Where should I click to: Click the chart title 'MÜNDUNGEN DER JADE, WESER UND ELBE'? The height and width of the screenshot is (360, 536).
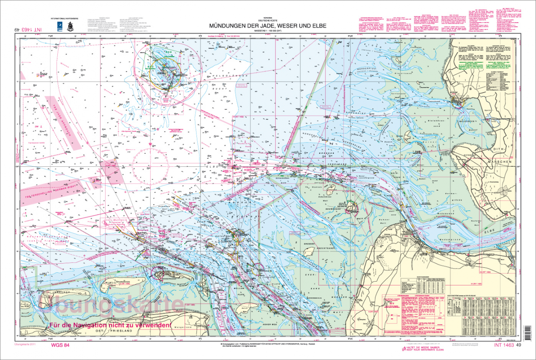point(268,25)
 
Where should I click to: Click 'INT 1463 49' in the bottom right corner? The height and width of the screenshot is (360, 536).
point(507,345)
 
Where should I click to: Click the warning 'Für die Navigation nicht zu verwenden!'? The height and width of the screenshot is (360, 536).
point(110,325)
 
